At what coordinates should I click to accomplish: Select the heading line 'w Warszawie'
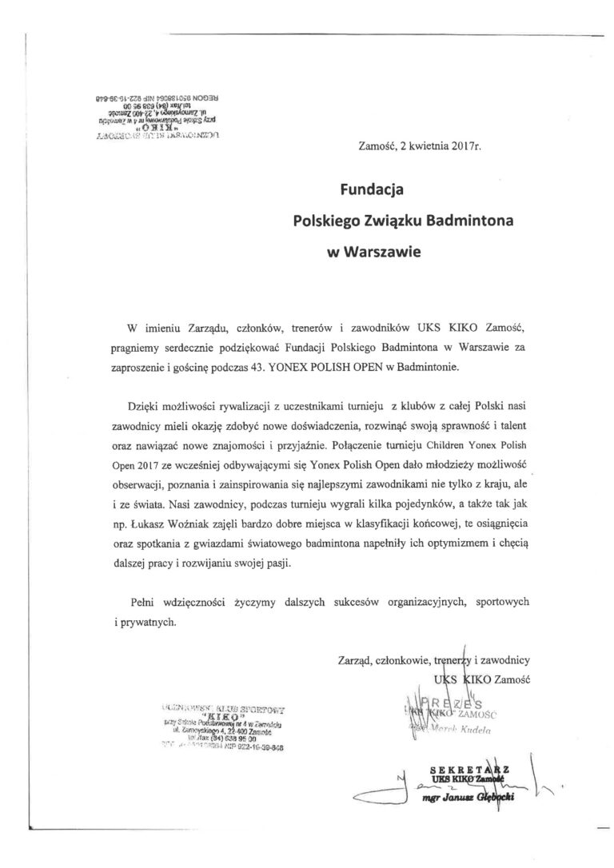tap(373, 249)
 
